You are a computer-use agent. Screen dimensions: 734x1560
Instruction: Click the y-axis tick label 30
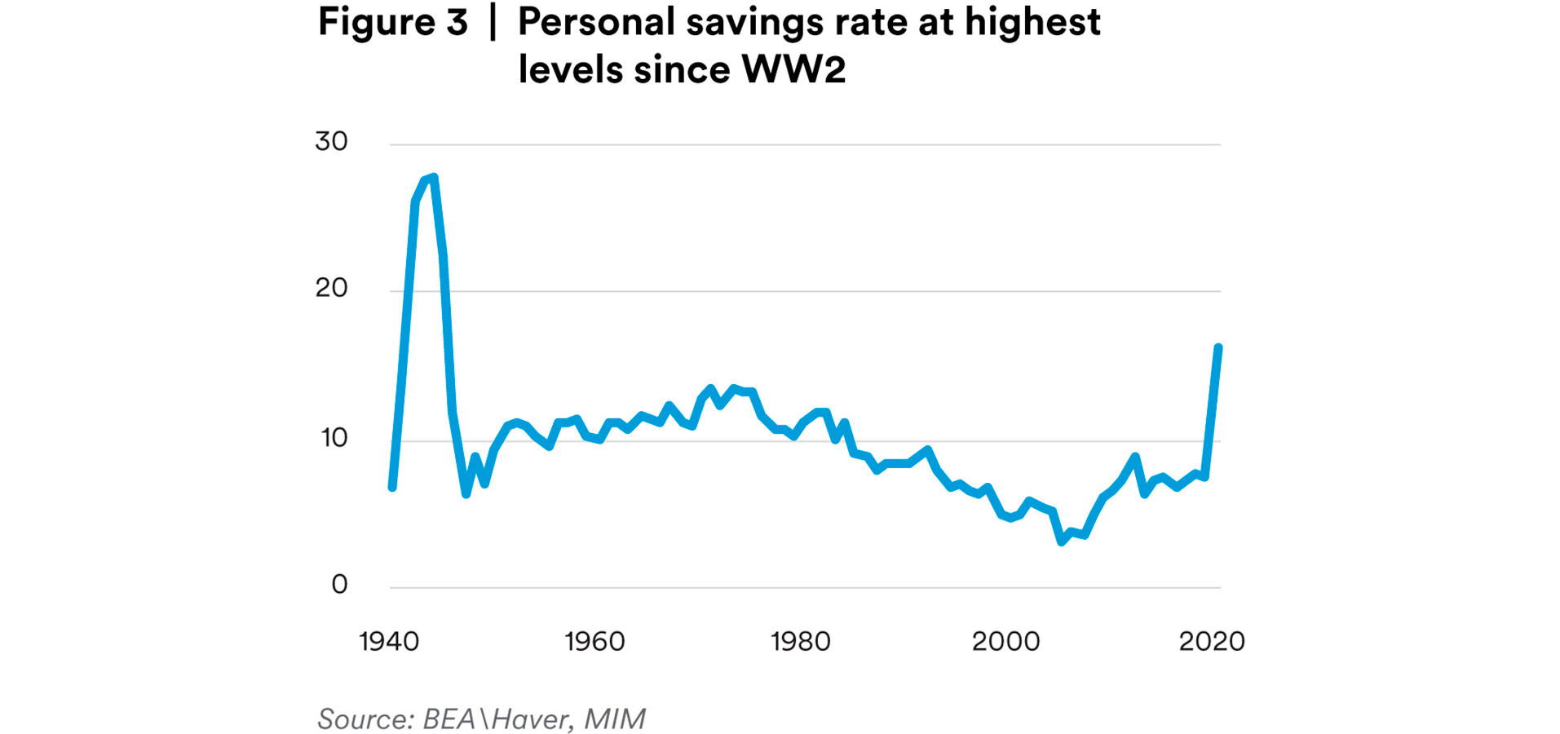331,142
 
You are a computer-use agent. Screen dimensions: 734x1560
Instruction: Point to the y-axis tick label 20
331,288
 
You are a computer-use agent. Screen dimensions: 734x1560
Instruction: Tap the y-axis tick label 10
334,438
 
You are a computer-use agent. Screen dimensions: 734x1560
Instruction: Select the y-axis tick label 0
339,584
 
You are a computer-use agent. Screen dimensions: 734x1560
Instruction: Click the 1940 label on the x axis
389,642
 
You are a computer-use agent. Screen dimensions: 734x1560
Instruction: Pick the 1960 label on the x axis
594,642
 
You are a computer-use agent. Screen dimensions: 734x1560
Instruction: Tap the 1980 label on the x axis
800,642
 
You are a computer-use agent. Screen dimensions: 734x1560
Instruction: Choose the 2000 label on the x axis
1005,642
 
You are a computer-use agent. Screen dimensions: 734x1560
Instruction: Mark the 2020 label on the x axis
1211,642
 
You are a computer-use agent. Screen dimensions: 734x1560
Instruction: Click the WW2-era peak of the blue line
433,177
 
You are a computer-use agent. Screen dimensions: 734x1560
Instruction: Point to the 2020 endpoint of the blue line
1218,347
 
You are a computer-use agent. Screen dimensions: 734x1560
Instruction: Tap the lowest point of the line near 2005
1062,541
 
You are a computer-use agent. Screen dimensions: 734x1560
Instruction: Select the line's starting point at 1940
392,487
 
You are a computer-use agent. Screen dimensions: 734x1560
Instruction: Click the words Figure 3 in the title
392,22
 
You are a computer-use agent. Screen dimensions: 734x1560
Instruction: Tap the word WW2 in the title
793,69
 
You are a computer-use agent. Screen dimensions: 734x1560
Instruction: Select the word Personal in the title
596,22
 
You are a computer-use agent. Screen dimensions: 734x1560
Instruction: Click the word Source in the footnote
365,719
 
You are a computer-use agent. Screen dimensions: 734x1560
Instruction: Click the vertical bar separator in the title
493,22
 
